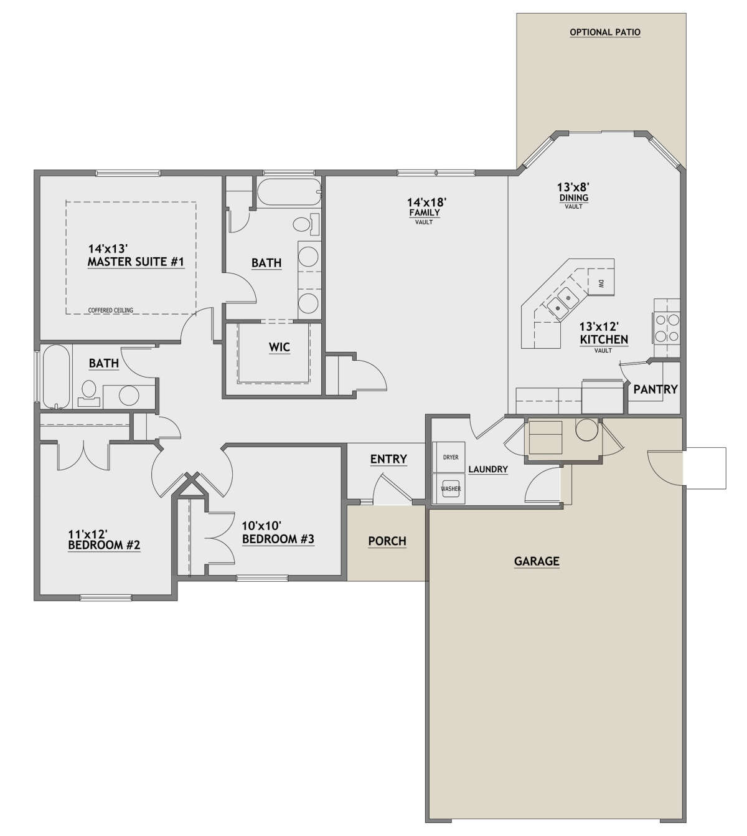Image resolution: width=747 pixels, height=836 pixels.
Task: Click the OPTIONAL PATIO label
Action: click(x=604, y=32)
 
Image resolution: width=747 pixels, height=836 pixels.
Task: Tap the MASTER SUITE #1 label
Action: click(x=136, y=262)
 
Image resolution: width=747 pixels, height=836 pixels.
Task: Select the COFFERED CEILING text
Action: click(x=110, y=310)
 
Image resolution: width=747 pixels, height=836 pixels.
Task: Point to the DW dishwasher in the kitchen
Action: click(x=601, y=283)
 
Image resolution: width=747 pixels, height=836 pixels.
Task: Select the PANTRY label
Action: click(x=655, y=389)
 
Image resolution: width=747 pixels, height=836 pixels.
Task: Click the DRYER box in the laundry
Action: click(x=451, y=457)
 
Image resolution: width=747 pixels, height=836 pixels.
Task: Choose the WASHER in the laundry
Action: click(x=451, y=488)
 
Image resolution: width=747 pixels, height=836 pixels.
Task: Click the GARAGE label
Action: click(x=536, y=561)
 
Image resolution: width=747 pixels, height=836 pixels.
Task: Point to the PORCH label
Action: click(x=387, y=541)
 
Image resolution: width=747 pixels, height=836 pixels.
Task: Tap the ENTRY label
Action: click(x=388, y=459)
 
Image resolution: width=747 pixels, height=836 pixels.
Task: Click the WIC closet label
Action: click(x=280, y=347)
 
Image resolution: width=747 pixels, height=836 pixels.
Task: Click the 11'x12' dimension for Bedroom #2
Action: click(x=88, y=534)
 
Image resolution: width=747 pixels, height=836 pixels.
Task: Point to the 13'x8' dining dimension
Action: click(x=573, y=186)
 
